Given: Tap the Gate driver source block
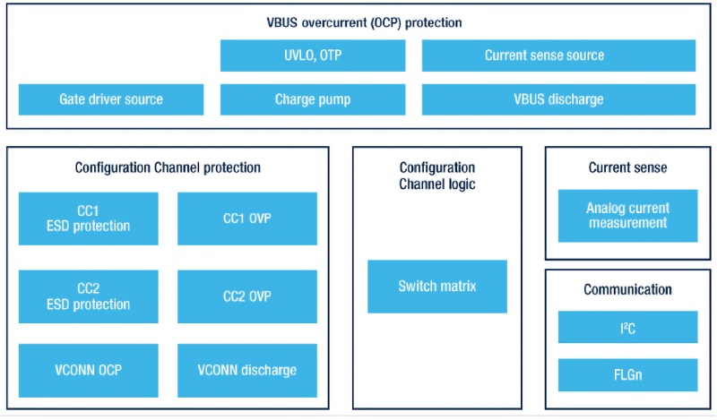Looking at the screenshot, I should pos(111,99).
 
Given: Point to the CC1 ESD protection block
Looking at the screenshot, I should pos(89,219).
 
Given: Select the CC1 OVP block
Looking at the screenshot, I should pos(247,219).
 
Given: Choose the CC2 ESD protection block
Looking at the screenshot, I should pos(89,296).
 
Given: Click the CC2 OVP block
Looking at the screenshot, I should pos(247,296).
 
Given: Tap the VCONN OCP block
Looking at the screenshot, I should pos(89,370).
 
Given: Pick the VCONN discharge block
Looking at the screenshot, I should pos(247,370).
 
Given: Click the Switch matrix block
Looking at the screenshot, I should pos(437,287).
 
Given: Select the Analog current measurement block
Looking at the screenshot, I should pos(627,215).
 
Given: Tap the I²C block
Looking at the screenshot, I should pos(627,327).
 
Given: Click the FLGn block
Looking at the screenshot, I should pos(627,374).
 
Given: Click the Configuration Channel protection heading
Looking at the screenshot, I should pos(168,167).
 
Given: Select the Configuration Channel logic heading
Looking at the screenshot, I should pos(437,176).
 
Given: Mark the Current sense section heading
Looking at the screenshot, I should pos(627,167).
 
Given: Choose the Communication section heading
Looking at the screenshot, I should pos(627,289).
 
